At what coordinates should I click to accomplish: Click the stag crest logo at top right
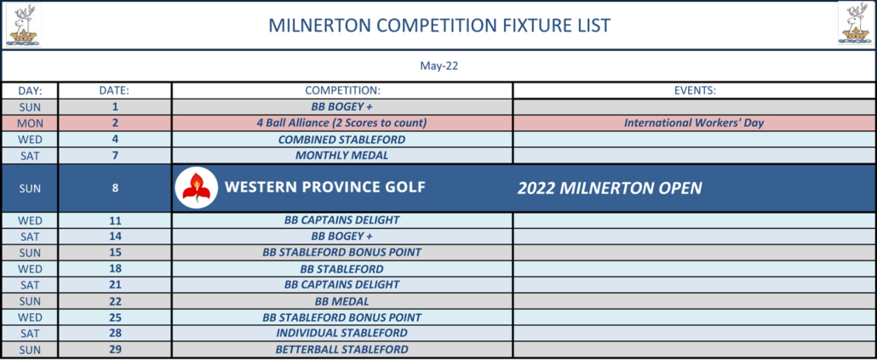click(856, 24)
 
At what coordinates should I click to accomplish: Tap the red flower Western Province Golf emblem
click(196, 188)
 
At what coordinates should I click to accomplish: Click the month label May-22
click(439, 66)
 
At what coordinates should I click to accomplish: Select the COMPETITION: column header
click(342, 90)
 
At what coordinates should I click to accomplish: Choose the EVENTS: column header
click(695, 90)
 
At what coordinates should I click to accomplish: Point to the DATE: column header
click(115, 90)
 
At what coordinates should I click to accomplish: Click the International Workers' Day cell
click(694, 123)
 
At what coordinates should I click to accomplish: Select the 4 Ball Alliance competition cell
click(341, 123)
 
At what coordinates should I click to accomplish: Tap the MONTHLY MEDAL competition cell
click(341, 156)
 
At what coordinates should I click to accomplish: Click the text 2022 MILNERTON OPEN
click(609, 188)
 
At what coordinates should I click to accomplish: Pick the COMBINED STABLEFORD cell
click(341, 140)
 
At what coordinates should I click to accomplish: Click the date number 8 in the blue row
click(115, 188)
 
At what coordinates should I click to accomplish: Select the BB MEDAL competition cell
click(341, 301)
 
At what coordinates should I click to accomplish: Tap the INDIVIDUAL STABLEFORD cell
click(341, 333)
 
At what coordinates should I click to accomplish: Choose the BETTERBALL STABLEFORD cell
click(341, 350)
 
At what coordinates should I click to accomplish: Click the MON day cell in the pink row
click(30, 123)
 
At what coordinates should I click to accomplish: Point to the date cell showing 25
click(115, 317)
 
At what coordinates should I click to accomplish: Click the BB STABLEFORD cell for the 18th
click(341, 269)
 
